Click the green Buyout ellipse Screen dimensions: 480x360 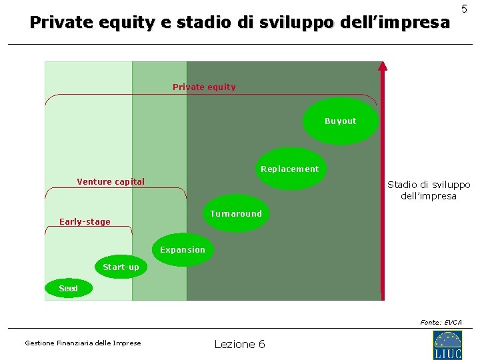(x=340, y=121)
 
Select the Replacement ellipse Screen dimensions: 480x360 (x=290, y=169)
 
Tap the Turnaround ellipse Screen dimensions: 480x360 (x=235, y=213)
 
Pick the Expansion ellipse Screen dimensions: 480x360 (x=182, y=250)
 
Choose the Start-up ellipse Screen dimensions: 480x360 (x=121, y=267)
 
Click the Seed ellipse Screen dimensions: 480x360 (x=68, y=289)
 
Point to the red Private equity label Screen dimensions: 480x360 (x=204, y=87)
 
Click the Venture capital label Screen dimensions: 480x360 (x=111, y=181)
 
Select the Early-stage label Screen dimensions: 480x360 (x=85, y=221)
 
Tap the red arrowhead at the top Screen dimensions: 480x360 (x=382, y=65)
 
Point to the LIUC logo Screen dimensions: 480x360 (x=447, y=345)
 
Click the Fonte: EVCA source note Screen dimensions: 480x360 (x=441, y=322)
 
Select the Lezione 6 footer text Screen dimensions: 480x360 (x=239, y=344)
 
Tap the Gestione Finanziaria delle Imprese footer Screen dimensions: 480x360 (x=83, y=343)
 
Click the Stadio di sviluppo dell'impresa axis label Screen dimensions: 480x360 (x=429, y=190)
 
